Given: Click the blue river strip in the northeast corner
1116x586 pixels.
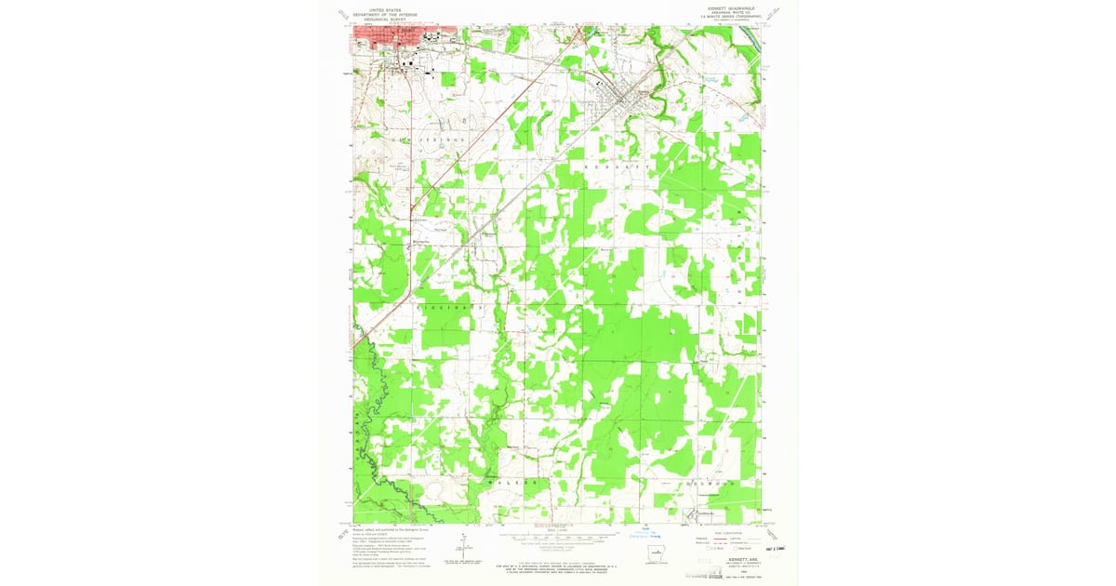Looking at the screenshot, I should [x=751, y=38].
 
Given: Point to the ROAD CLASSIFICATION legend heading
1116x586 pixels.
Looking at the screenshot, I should [x=726, y=530].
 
